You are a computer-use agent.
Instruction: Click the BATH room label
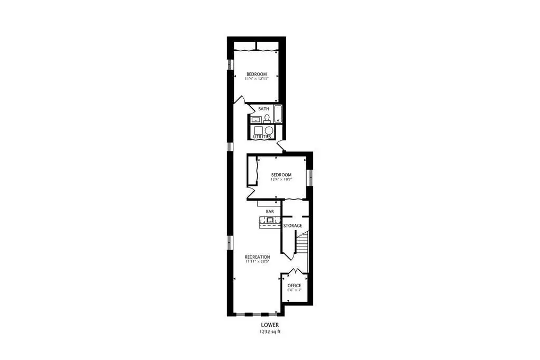click(264, 109)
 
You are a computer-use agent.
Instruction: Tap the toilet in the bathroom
click(267, 119)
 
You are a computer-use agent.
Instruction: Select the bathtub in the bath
click(278, 114)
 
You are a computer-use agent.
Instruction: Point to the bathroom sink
click(256, 120)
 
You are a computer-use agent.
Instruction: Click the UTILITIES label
click(262, 137)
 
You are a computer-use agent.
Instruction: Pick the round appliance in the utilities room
click(269, 130)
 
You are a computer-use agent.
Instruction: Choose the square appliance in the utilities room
click(258, 130)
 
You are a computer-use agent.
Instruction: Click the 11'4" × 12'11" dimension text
click(257, 79)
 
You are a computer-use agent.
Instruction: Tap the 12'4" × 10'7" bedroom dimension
click(281, 179)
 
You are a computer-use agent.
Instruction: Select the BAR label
click(270, 212)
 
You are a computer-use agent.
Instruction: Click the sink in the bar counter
click(270, 220)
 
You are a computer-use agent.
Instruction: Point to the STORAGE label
click(293, 225)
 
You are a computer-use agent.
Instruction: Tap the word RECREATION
click(257, 257)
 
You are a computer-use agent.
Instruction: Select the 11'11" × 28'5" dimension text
click(257, 261)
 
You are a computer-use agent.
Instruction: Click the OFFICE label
click(295, 286)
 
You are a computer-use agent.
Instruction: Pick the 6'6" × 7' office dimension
click(295, 290)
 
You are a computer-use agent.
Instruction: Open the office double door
click(295, 271)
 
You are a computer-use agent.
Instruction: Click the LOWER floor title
click(270, 325)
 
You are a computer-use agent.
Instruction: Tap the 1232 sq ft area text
click(270, 332)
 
